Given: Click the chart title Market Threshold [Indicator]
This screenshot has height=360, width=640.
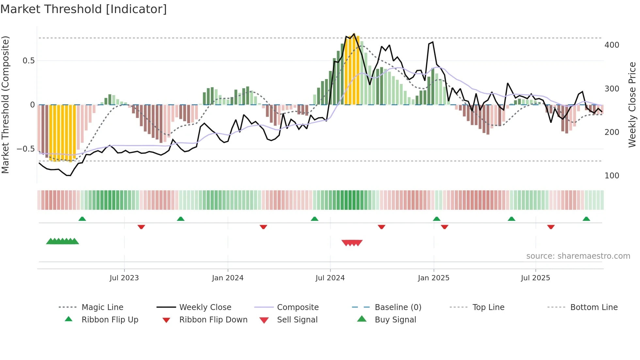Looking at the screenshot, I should [84, 9].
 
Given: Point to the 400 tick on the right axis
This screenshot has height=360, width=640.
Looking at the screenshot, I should [612, 45].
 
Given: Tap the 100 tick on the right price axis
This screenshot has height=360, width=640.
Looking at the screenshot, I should [612, 176].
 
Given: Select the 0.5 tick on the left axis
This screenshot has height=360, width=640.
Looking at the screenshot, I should [28, 61].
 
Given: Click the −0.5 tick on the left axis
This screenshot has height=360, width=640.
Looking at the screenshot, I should [26, 149].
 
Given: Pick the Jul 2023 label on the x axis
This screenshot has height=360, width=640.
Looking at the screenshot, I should [124, 278].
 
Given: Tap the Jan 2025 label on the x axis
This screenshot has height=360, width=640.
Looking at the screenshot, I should [433, 278].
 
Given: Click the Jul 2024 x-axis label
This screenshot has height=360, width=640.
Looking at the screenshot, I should [330, 278].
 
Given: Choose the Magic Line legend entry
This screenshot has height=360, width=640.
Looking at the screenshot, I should [102, 307].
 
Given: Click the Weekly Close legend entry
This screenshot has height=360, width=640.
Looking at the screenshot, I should [205, 307].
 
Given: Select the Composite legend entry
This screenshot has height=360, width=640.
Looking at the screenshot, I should [297, 307].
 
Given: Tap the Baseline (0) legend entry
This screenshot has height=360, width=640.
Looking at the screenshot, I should [398, 307].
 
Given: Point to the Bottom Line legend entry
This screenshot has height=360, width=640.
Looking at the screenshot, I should [594, 307].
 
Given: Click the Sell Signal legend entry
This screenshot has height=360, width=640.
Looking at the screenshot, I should [297, 320].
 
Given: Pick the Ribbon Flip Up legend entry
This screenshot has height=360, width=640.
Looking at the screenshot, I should [110, 320].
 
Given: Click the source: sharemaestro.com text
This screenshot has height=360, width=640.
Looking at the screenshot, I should [578, 256].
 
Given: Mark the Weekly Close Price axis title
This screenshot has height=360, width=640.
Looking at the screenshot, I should [632, 105].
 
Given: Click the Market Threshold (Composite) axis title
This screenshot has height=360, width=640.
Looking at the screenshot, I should [5, 105].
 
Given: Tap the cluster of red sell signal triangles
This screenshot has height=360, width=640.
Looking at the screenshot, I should [352, 243].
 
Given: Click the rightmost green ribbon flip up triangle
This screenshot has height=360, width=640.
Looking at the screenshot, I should [586, 219].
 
